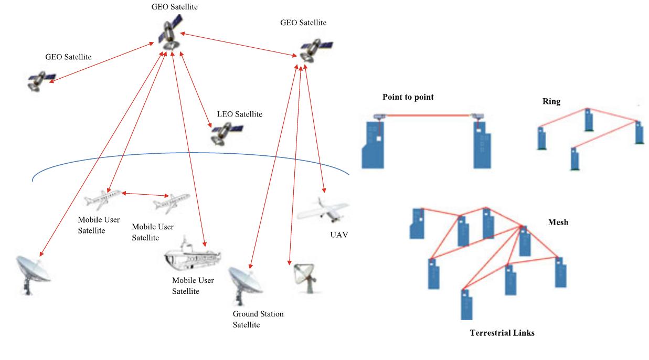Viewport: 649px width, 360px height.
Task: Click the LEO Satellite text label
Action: tap(239, 114)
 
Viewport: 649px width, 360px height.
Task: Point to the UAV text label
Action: tap(339, 235)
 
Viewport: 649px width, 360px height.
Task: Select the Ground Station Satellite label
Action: tap(258, 319)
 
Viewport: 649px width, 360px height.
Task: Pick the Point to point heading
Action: tap(408, 97)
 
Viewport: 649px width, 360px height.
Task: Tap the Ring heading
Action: tap(551, 102)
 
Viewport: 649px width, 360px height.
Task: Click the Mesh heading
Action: tap(558, 222)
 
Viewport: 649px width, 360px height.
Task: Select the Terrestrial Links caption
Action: tap(502, 333)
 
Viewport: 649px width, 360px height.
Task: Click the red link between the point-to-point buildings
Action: tap(426, 115)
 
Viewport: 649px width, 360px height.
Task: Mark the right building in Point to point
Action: tap(481, 144)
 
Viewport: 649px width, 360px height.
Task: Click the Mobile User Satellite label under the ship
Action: tap(193, 285)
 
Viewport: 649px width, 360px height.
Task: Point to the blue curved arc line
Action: tap(189, 153)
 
